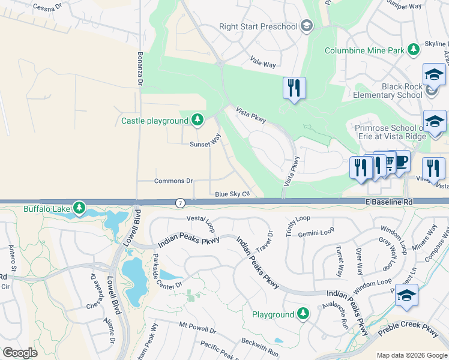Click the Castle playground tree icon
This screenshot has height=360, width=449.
click(x=197, y=121)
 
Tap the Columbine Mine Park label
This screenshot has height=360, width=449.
click(x=364, y=50)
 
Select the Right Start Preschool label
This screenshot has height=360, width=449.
click(x=258, y=26)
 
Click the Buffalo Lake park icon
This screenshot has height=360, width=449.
click(x=79, y=208)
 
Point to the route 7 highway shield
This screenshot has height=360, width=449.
click(x=180, y=203)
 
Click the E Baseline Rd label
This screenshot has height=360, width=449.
click(x=390, y=203)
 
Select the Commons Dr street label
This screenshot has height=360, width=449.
click(x=173, y=181)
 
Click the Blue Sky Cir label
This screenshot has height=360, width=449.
click(x=232, y=194)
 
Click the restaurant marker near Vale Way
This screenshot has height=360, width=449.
click(x=294, y=88)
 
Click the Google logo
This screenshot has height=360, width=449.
click(x=20, y=353)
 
